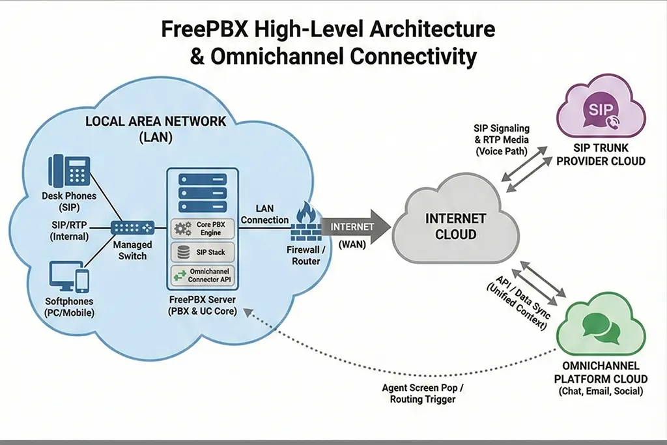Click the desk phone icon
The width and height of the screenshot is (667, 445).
click(x=68, y=171)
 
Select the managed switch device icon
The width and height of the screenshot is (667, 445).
click(x=132, y=227)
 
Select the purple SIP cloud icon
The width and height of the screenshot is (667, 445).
click(x=600, y=112)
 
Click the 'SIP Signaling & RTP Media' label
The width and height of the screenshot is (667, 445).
click(x=501, y=140)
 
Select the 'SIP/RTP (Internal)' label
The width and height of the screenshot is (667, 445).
click(x=69, y=230)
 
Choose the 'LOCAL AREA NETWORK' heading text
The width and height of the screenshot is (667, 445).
click(x=156, y=122)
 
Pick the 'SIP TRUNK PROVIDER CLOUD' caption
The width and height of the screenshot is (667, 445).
click(x=601, y=155)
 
